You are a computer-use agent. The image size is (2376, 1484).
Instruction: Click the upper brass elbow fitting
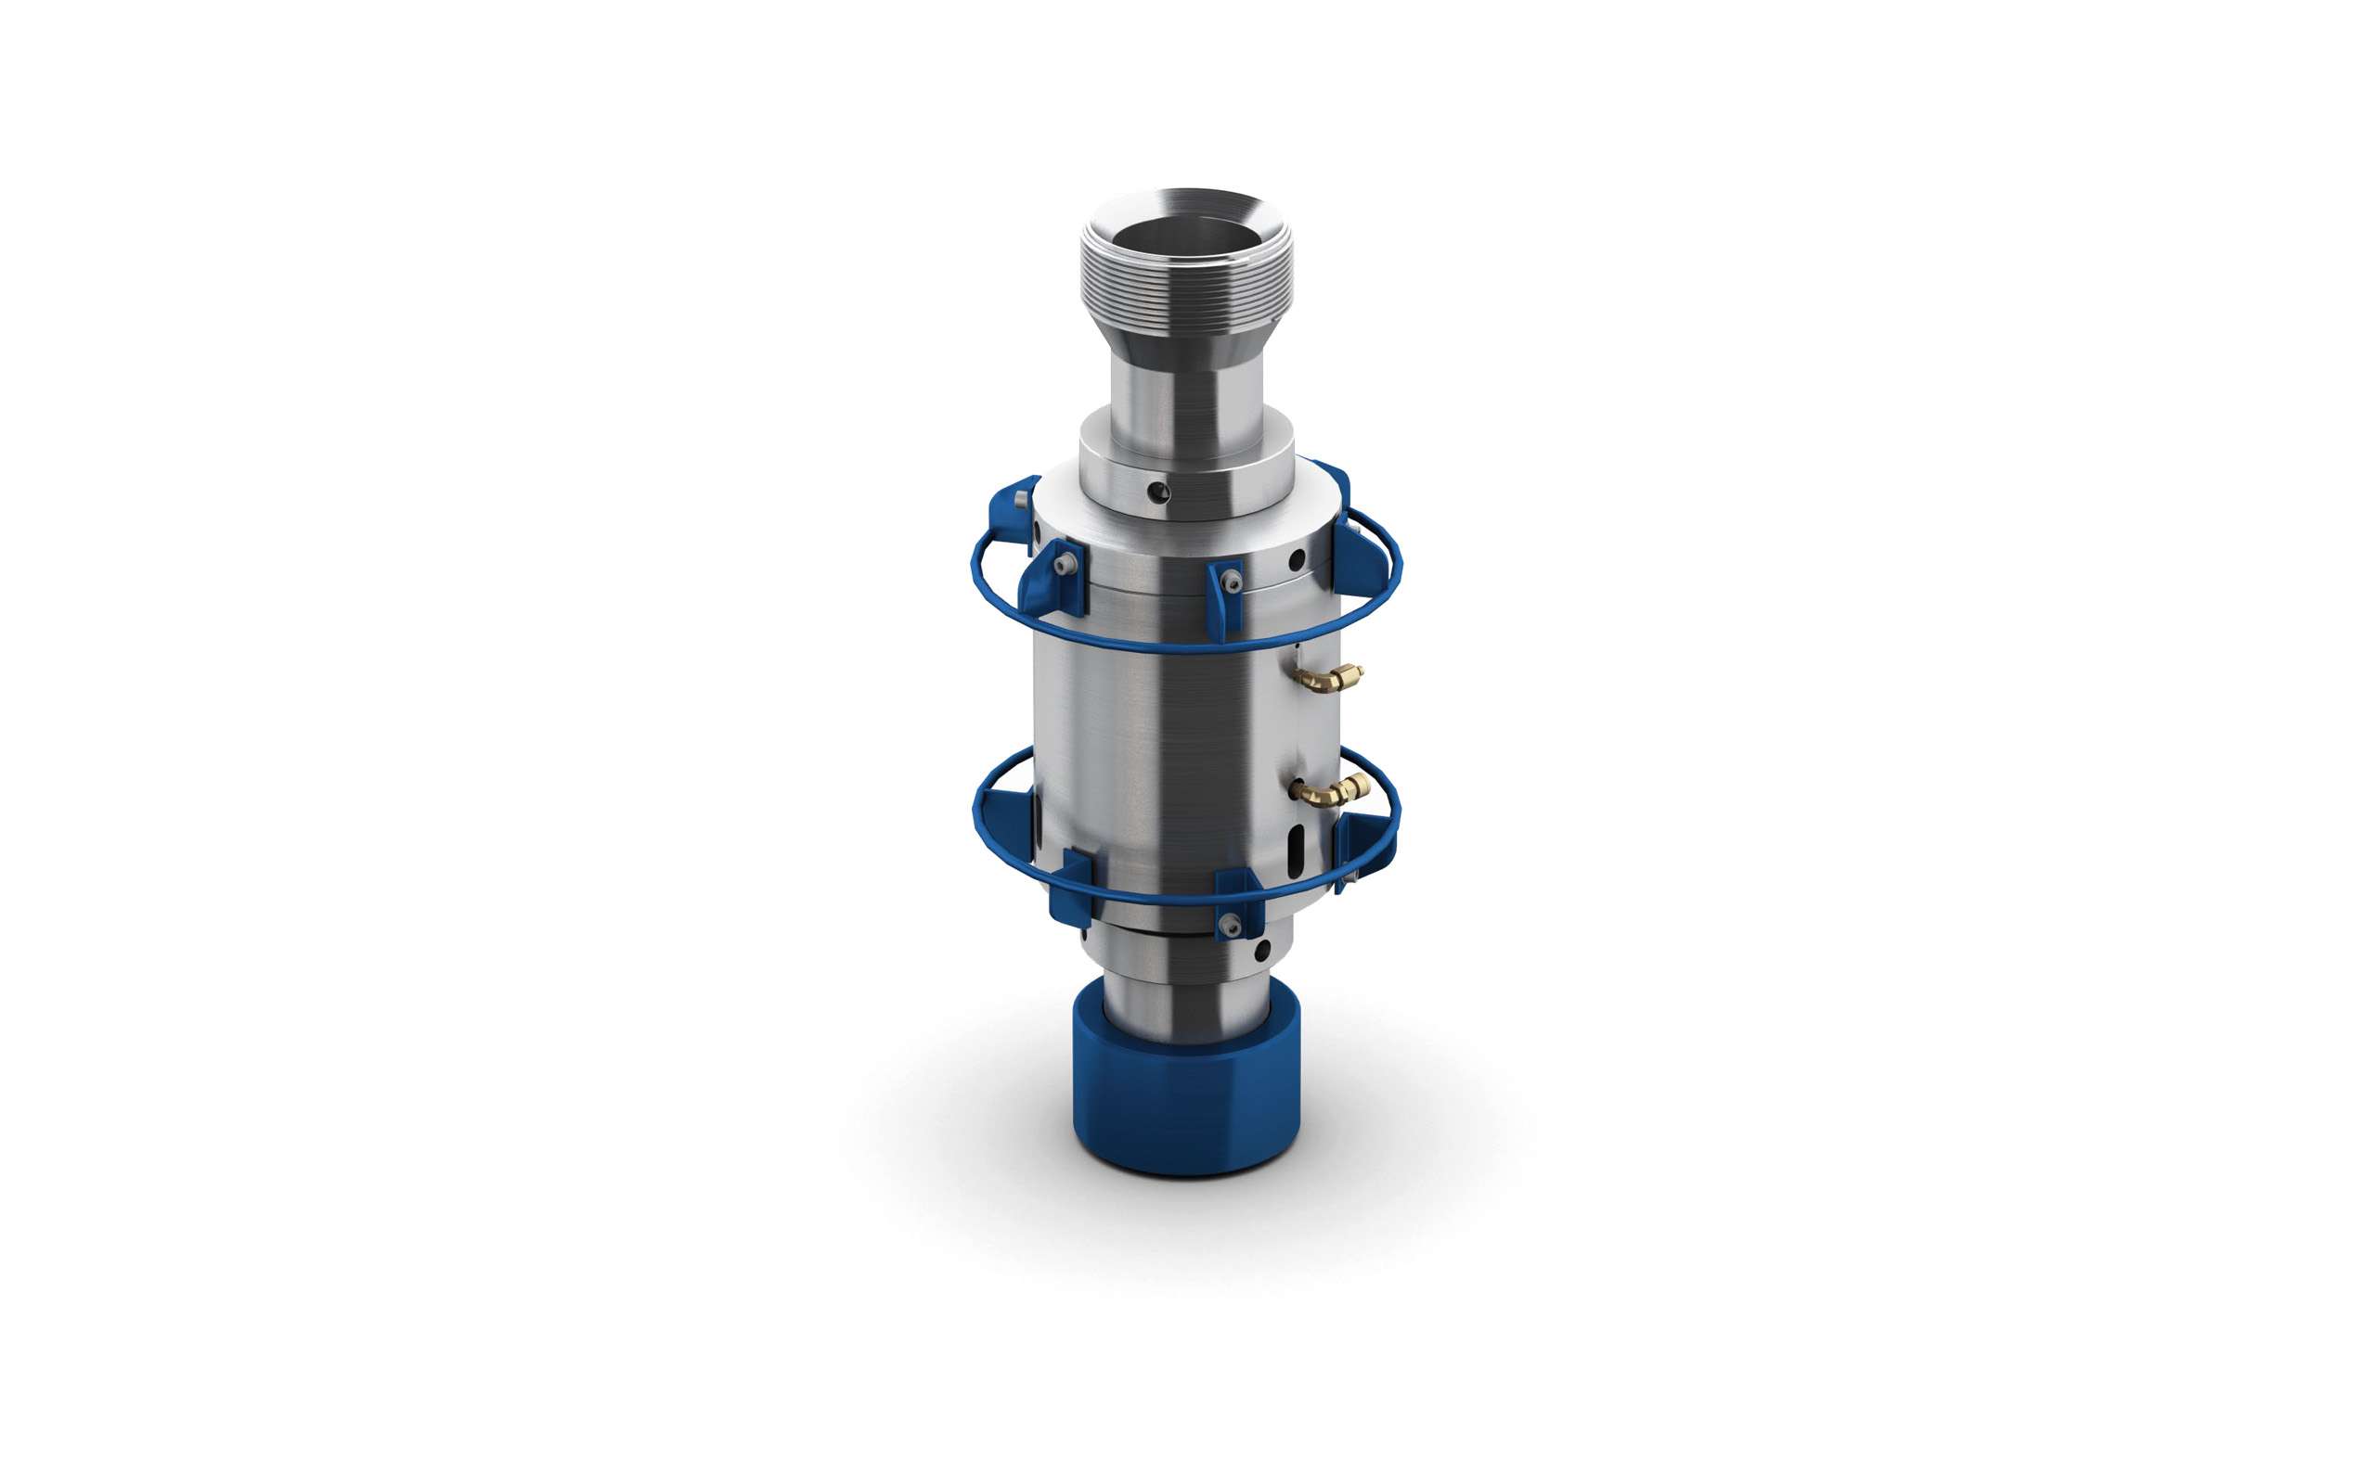(1328, 678)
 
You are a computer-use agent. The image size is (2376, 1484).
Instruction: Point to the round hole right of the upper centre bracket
(1296, 558)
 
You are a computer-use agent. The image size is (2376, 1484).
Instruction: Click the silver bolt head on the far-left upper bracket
(1021, 502)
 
